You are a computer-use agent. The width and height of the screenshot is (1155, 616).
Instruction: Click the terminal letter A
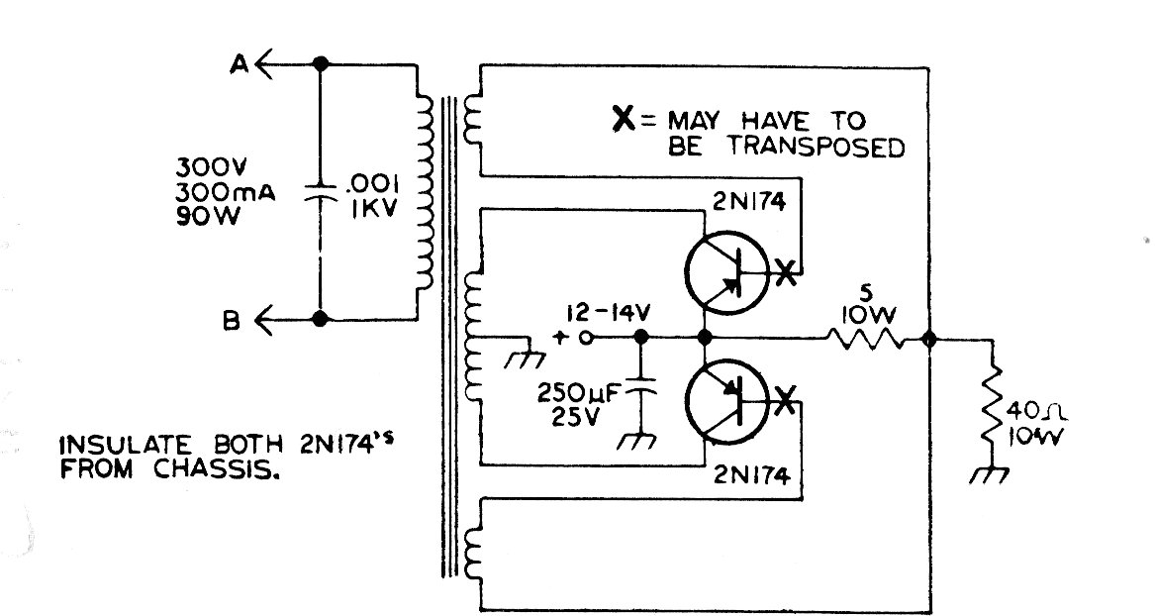tap(238, 64)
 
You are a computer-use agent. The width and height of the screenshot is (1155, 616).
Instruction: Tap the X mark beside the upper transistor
tap(785, 272)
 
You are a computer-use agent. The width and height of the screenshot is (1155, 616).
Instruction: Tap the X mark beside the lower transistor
tap(785, 401)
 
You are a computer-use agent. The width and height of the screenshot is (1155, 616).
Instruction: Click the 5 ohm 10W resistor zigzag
tap(867, 340)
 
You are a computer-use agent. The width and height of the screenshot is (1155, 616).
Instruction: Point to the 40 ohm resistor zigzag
tap(992, 406)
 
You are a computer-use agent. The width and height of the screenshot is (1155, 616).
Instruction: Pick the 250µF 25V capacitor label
tap(576, 404)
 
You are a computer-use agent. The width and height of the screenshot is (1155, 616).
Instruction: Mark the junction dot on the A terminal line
tap(320, 64)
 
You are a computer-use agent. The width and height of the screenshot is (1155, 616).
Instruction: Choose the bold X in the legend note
tap(625, 123)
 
